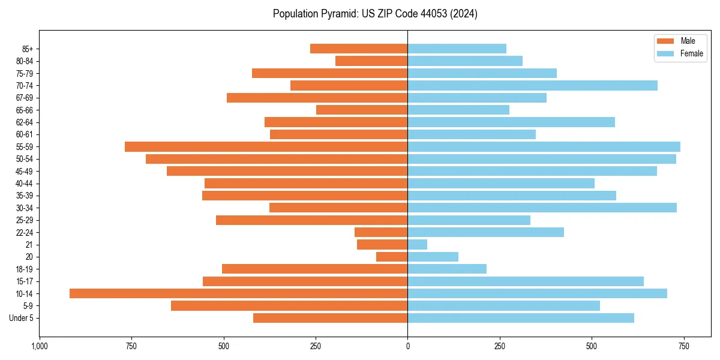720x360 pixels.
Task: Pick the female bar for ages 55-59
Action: pyautogui.click(x=544, y=147)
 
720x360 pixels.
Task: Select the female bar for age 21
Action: pyautogui.click(x=418, y=245)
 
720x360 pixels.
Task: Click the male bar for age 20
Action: pyautogui.click(x=392, y=257)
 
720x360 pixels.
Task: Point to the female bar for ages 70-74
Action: pyautogui.click(x=532, y=86)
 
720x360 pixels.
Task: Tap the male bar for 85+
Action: pyautogui.click(x=359, y=49)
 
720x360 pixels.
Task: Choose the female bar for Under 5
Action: pyautogui.click(x=521, y=318)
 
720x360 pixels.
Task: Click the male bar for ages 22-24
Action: pyautogui.click(x=381, y=232)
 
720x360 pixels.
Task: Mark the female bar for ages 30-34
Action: pyautogui.click(x=542, y=208)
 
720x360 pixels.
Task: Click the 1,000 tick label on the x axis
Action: pyautogui.click(x=40, y=346)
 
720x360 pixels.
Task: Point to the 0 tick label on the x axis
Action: pyautogui.click(x=407, y=346)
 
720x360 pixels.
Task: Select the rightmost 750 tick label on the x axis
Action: pyautogui.click(x=683, y=346)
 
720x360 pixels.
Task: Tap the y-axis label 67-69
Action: pyautogui.click(x=24, y=98)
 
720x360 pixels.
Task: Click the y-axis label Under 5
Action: pyautogui.click(x=21, y=318)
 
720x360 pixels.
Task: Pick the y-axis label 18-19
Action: pyautogui.click(x=24, y=269)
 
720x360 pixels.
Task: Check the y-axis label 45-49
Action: pyautogui.click(x=24, y=171)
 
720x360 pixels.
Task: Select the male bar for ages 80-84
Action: pyautogui.click(x=371, y=61)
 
